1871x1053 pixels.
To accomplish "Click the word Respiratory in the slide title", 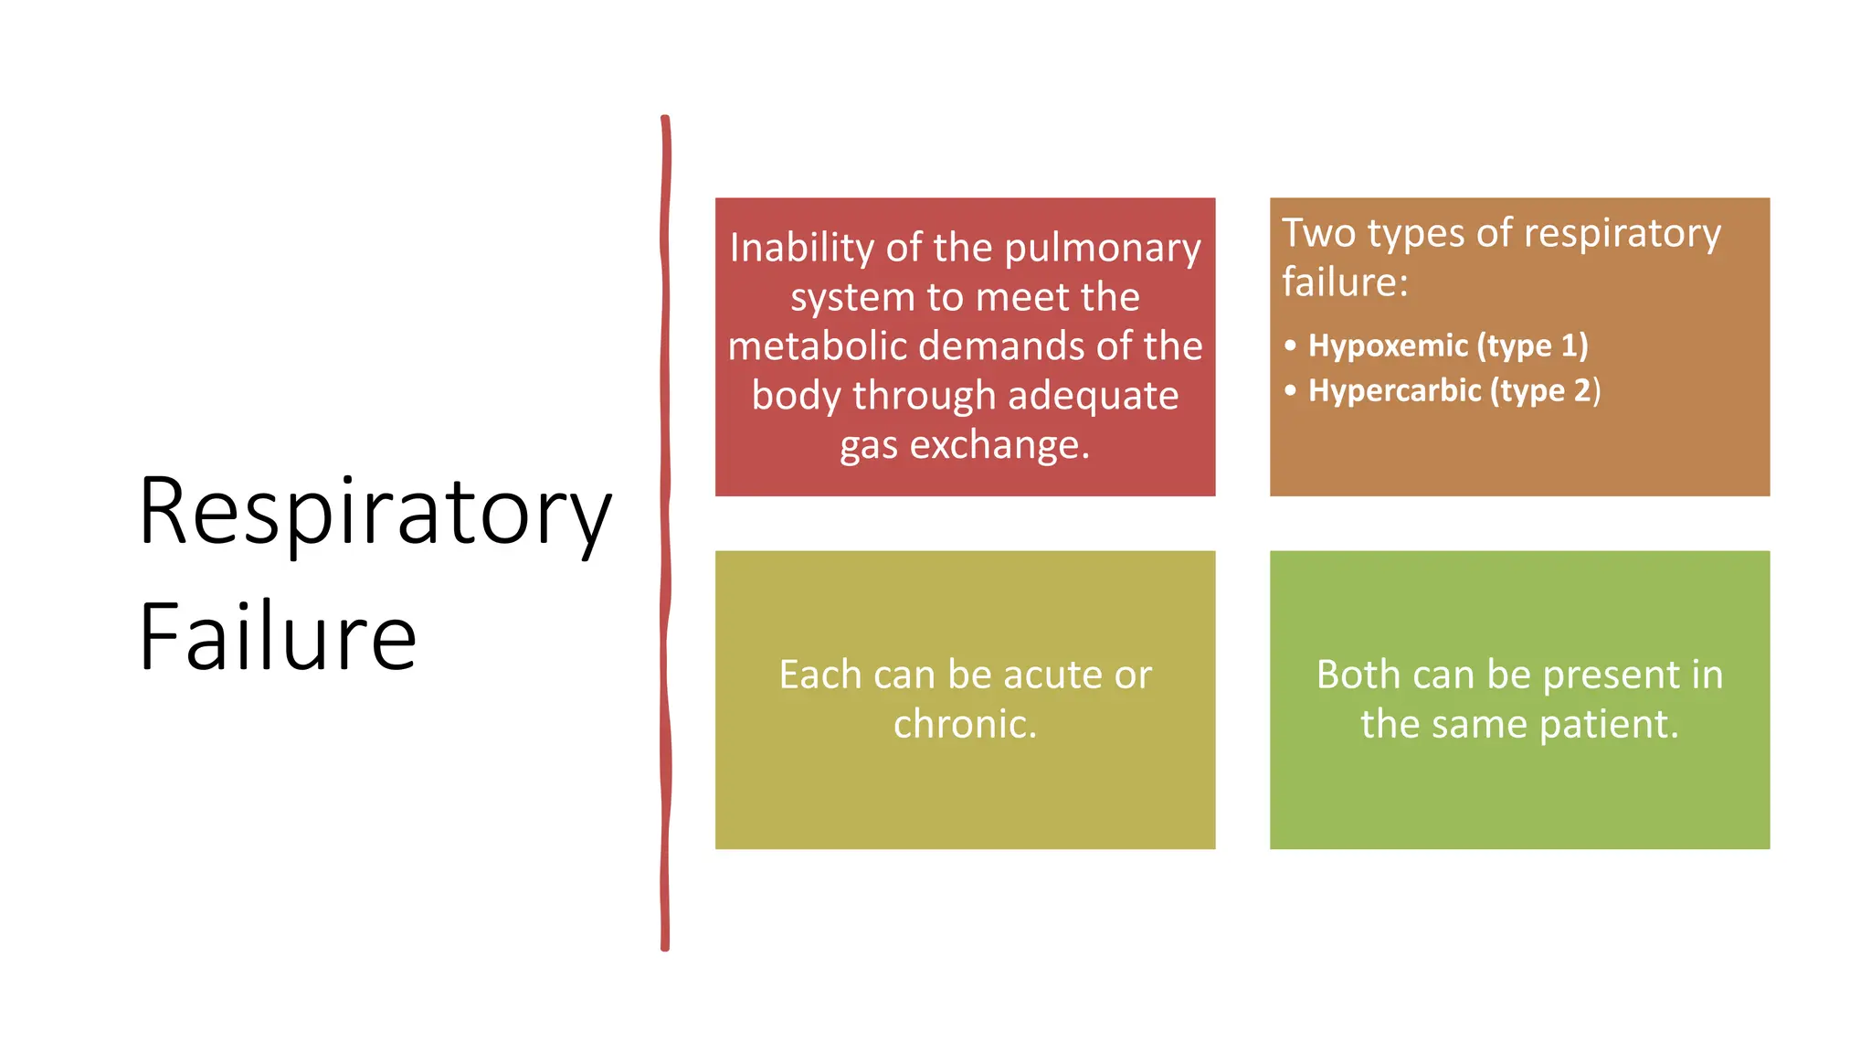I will click(x=375, y=514).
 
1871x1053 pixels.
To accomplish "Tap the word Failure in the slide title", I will click(x=278, y=637).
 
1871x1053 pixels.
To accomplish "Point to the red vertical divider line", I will click(x=665, y=530).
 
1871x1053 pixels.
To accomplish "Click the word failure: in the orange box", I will click(x=1344, y=282).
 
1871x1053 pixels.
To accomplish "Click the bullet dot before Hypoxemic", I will click(x=1290, y=346).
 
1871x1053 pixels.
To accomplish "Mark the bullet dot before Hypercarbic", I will click(x=1290, y=390).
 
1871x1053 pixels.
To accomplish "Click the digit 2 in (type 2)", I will click(x=1581, y=390).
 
